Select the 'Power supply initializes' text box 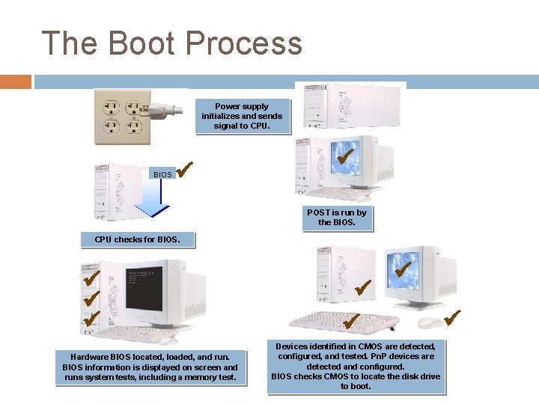tap(242, 117)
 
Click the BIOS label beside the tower tap(162, 174)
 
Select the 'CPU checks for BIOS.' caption tap(137, 240)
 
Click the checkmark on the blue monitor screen tap(345, 158)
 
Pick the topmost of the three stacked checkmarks tap(92, 280)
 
